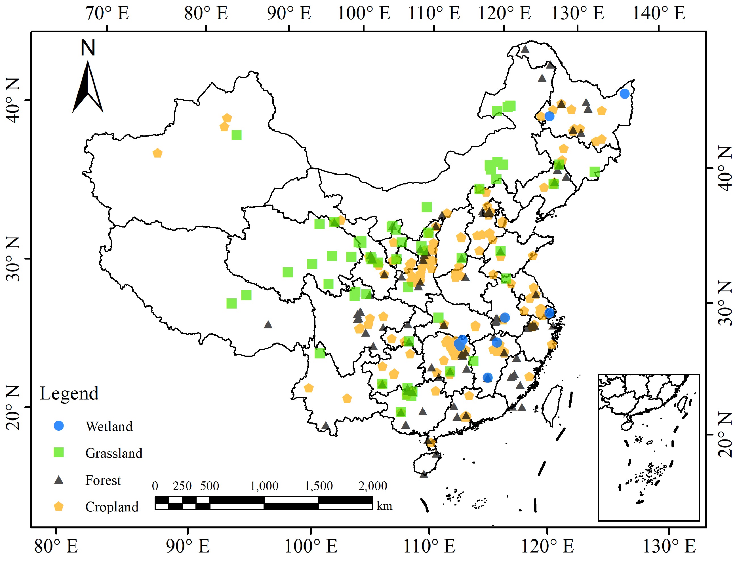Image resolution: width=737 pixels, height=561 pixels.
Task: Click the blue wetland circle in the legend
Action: pyautogui.click(x=59, y=426)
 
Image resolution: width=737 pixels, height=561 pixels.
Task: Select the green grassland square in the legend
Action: pyautogui.click(x=59, y=452)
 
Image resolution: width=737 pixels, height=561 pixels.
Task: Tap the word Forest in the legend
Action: pyautogui.click(x=103, y=480)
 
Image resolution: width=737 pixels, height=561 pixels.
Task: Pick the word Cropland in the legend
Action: pyautogui.click(x=112, y=507)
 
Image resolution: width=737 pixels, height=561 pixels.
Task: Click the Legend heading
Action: pyautogui.click(x=69, y=393)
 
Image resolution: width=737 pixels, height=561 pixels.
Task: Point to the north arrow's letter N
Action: pyautogui.click(x=88, y=48)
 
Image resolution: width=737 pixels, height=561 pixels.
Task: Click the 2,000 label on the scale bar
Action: pyautogui.click(x=372, y=486)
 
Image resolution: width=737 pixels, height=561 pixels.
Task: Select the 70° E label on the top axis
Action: pyautogui.click(x=107, y=13)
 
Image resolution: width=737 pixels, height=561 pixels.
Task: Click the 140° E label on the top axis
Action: pyautogui.click(x=658, y=13)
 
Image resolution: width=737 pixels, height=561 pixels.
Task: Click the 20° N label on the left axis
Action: pyautogui.click(x=13, y=407)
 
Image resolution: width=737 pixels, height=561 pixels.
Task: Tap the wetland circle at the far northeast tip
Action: pyautogui.click(x=624, y=94)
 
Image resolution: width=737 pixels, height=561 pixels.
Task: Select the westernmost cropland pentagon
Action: pyautogui.click(x=157, y=153)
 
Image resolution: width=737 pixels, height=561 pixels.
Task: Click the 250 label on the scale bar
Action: pyautogui.click(x=182, y=486)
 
